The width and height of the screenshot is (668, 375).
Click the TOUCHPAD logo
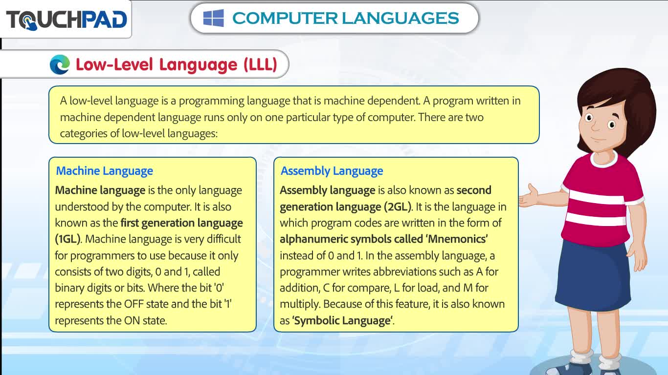[67, 20]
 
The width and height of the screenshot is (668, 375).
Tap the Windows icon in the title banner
[214, 18]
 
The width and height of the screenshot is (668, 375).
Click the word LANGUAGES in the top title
[400, 18]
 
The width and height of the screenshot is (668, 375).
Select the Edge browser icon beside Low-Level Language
[60, 64]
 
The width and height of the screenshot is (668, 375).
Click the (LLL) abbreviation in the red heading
[261, 64]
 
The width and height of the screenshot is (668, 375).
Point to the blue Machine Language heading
[104, 171]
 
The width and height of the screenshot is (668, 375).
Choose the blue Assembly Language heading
[332, 171]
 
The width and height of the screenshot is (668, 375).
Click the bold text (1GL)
[67, 239]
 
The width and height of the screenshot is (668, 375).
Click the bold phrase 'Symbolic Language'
[342, 320]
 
